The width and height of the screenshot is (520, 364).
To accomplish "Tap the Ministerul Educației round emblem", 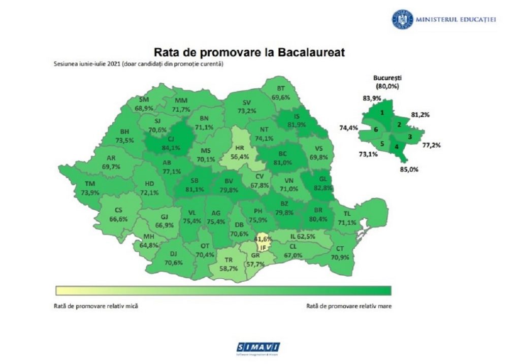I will point(402,19).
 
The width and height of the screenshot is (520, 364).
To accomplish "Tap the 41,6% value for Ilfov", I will point(263,239).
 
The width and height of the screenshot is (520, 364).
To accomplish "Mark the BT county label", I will point(281,88).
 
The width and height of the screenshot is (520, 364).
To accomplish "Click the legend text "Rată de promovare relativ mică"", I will point(96,307).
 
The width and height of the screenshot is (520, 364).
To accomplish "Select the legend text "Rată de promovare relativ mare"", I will point(349,307).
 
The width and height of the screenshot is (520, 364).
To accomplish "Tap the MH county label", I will point(148,237).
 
